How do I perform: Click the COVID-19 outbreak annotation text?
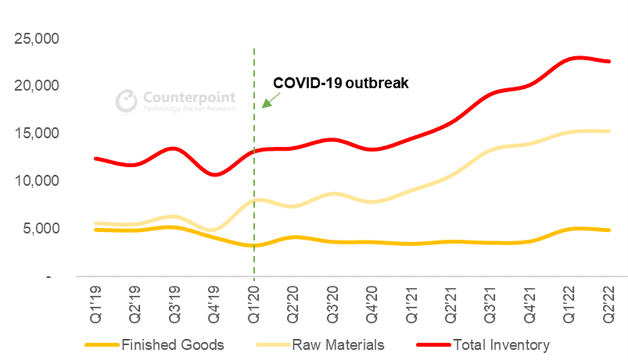(x=341, y=83)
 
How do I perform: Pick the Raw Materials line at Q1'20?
(x=254, y=200)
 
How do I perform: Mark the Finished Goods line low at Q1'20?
(x=254, y=245)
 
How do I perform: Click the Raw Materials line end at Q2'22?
(x=609, y=131)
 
